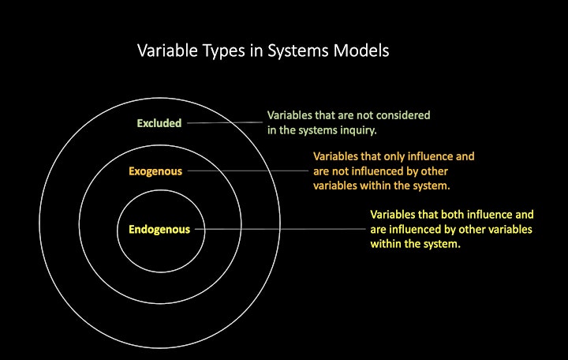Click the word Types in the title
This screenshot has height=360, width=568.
point(223,51)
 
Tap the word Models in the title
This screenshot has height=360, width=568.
point(361,51)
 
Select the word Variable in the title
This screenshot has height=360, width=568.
point(167,51)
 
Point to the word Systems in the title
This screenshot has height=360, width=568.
point(297,51)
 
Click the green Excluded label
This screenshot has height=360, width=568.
point(159,123)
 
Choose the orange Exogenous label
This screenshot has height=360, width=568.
point(155,171)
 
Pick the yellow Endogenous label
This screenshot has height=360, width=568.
point(159,230)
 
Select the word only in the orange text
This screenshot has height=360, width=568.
point(394,156)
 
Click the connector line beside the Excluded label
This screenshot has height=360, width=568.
point(225,122)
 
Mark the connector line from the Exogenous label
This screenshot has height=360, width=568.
point(248,171)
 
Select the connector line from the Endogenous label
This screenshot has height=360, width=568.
point(280,229)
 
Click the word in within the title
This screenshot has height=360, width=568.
point(256,51)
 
